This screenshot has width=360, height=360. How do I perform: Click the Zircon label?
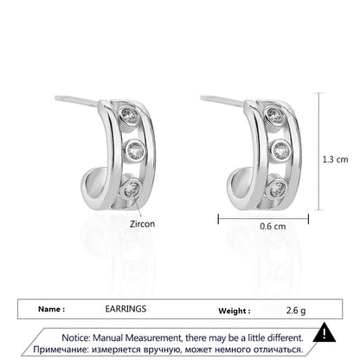click(x=142, y=224)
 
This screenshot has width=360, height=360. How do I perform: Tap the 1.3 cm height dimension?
click(x=335, y=159)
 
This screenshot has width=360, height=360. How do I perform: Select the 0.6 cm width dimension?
click(x=273, y=226)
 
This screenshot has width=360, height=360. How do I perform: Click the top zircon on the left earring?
click(x=129, y=114)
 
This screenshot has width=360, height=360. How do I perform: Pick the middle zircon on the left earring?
click(x=134, y=150)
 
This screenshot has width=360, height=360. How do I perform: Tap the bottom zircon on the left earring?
click(x=132, y=189)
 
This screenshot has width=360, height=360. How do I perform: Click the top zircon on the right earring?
click(x=274, y=114)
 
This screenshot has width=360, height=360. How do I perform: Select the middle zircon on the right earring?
click(x=280, y=151)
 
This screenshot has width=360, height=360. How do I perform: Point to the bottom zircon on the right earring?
click(x=278, y=189)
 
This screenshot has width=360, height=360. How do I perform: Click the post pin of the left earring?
click(x=76, y=100)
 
